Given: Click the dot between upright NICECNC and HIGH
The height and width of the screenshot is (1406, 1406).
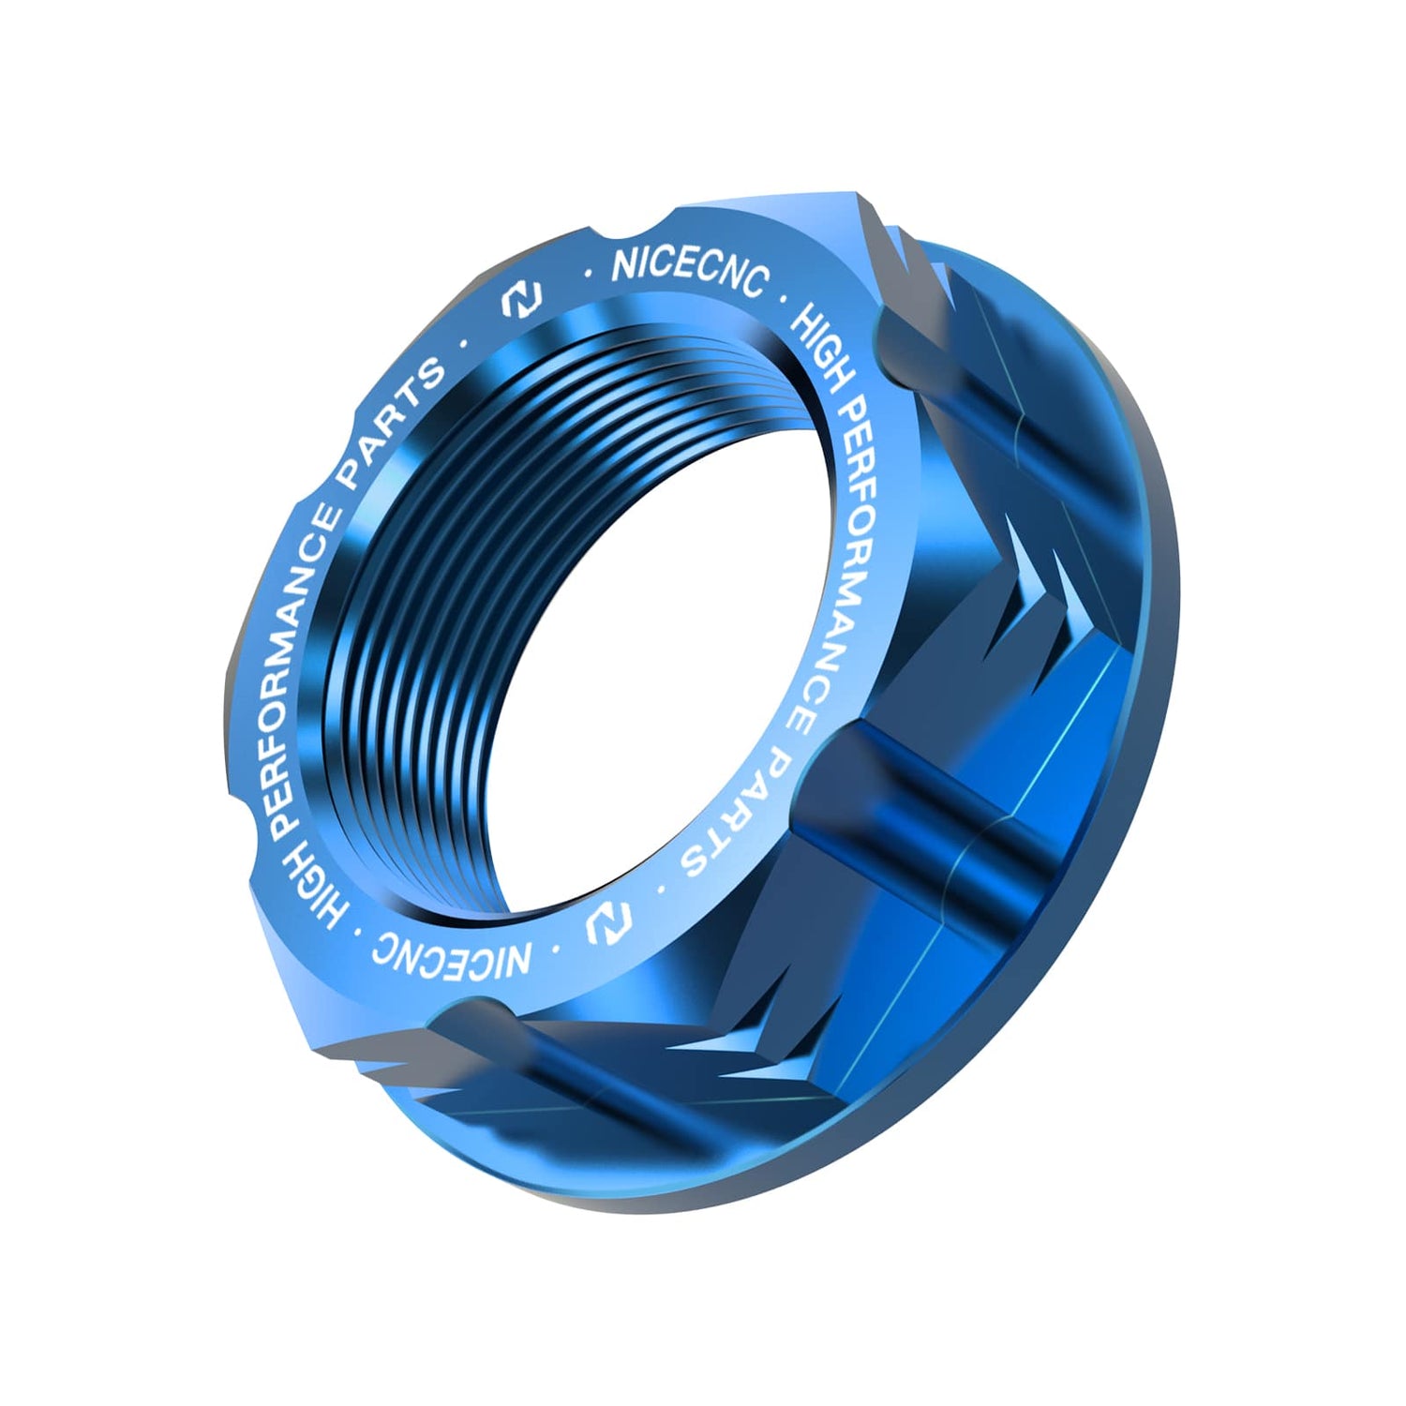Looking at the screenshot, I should tap(784, 298).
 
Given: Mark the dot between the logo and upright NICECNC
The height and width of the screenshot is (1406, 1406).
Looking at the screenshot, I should tap(588, 274).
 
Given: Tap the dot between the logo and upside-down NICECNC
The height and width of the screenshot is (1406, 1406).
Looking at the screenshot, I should tap(555, 949).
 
